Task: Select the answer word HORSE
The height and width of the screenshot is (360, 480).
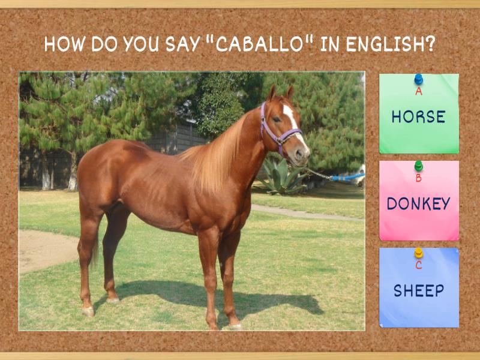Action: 418,116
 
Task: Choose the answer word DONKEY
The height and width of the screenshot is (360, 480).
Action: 418,204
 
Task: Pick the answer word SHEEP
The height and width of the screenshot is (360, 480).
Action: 418,291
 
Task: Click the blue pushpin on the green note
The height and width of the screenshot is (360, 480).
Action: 418,79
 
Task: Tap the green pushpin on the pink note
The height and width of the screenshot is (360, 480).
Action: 418,165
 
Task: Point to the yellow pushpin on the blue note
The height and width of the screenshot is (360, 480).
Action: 418,253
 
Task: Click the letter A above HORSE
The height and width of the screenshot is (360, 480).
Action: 418,92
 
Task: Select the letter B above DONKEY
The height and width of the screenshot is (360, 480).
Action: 418,178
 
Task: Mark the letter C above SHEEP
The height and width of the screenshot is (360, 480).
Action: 418,265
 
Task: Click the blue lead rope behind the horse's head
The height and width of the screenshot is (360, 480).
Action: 348,178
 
